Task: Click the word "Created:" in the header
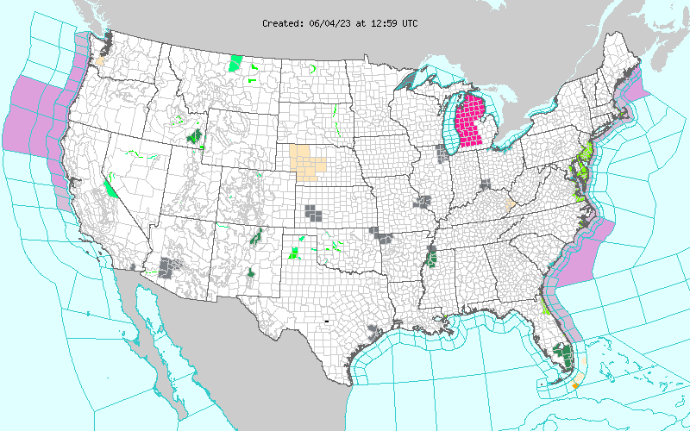coord(282,23)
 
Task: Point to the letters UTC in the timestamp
coord(409,23)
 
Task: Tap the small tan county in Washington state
coord(100,61)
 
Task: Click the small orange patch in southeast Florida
coord(575,382)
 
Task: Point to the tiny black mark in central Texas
coord(327,321)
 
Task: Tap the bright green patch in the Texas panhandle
coord(295,252)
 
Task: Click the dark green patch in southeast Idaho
coord(194,135)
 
